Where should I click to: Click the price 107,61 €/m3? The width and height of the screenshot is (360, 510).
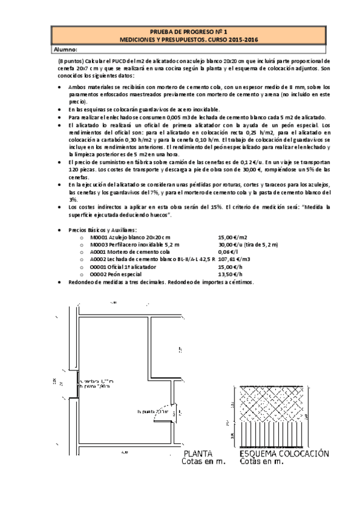coord(229,258)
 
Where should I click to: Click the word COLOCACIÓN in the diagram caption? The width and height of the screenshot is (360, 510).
coord(307,454)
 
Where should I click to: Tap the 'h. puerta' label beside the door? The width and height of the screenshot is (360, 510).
coord(147,411)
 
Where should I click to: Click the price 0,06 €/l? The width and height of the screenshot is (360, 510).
coord(226,251)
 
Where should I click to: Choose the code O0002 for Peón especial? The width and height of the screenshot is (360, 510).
coord(98,272)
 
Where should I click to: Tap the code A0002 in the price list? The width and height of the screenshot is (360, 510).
coord(98,258)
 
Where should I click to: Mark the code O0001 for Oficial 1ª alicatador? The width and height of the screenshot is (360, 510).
coord(98,265)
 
